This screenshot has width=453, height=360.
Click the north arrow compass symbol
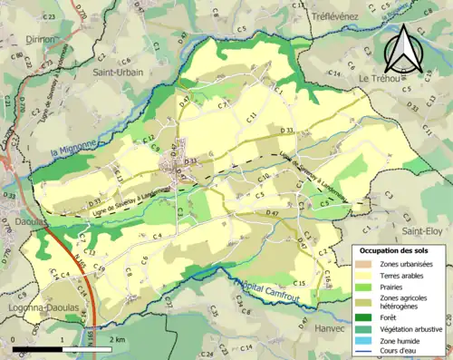tap(400, 49)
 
